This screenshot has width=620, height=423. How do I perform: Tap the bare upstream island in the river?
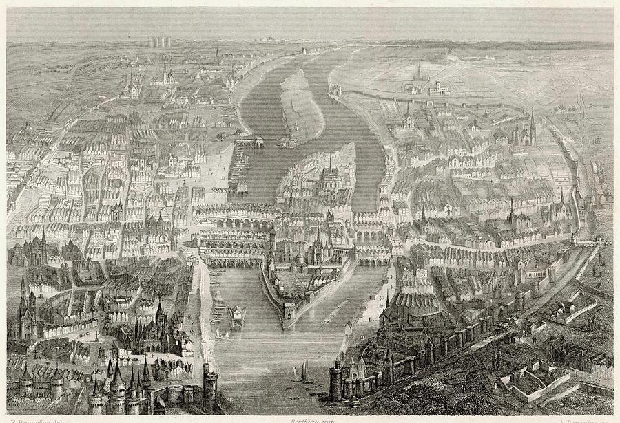click(302, 103)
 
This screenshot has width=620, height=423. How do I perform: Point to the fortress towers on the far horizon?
click(158, 42)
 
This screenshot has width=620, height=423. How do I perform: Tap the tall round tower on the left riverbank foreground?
click(209, 382)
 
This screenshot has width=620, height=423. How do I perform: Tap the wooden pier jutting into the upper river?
click(249, 142)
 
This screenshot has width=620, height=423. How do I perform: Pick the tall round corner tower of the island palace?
click(273, 241)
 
